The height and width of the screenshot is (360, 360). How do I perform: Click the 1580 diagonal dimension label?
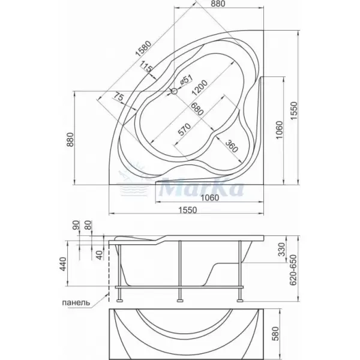coord(143,49)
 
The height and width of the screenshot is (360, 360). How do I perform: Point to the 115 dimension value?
coord(146,67)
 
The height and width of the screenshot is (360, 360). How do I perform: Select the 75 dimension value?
coord(119,97)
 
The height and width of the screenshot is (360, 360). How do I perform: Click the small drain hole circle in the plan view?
coord(175,91)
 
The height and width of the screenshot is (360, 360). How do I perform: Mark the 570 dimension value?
coord(184,129)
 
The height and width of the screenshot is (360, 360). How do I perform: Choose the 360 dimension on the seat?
coord(232,146)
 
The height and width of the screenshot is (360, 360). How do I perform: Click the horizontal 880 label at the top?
coord(218,4)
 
